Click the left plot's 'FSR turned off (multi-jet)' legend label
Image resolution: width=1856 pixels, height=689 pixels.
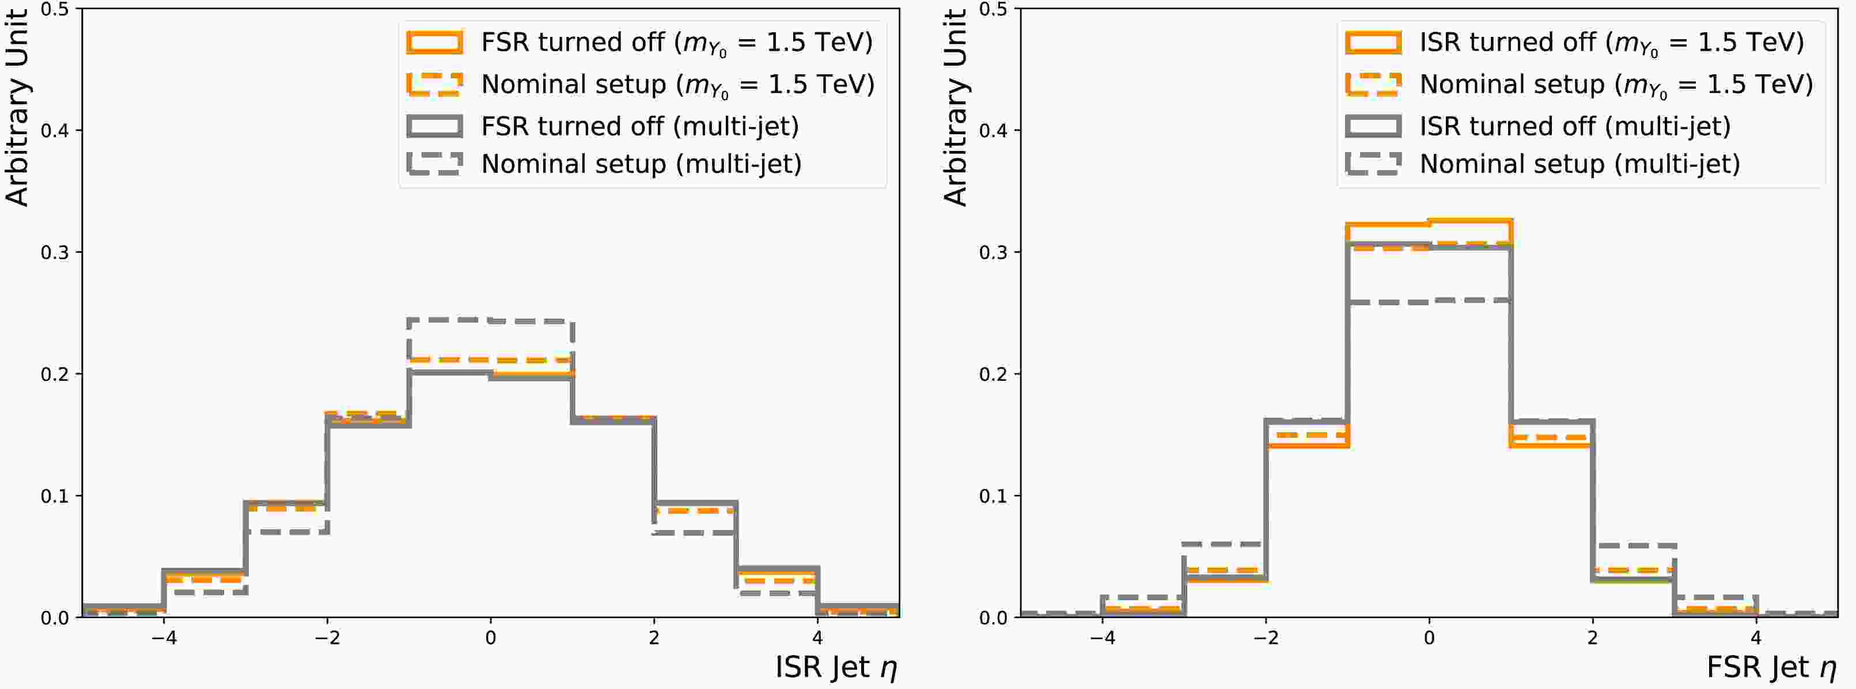click(640, 126)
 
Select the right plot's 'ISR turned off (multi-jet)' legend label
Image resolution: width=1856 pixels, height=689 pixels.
click(1575, 126)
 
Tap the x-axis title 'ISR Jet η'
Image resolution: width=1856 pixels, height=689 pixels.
click(836, 667)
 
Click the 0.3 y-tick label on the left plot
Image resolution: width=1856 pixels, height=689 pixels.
click(55, 252)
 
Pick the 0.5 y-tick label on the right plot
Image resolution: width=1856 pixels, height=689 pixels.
click(993, 9)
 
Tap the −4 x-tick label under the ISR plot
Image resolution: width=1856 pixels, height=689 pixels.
click(164, 638)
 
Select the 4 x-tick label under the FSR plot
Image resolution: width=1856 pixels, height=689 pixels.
click(1756, 638)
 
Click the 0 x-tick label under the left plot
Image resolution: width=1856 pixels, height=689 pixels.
click(491, 638)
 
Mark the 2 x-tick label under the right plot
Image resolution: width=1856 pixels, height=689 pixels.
click(1592, 638)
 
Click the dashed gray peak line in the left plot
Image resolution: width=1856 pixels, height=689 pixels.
click(491, 319)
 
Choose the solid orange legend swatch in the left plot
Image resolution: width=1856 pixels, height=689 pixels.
click(434, 42)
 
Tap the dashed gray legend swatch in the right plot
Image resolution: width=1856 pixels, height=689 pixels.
click(1373, 164)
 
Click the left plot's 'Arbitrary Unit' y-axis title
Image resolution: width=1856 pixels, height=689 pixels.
click(17, 108)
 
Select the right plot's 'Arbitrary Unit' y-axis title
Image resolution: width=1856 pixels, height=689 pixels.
click(956, 108)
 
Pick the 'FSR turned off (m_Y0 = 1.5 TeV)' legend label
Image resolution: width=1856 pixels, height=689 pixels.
click(676, 43)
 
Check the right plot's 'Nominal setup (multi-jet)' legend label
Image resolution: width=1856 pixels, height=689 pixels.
click(1580, 164)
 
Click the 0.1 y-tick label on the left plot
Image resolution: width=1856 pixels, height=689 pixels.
click(55, 496)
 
